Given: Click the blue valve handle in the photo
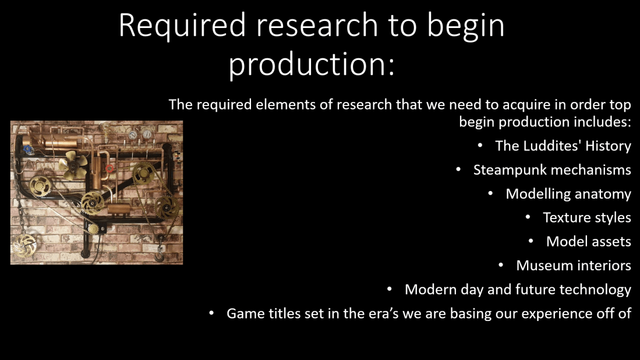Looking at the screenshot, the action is [28, 149].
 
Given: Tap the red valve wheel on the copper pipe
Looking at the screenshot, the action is [109, 168].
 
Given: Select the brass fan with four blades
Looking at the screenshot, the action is [73, 165].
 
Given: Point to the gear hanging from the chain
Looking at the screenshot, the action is [24, 245].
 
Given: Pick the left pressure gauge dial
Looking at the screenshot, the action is [133, 135].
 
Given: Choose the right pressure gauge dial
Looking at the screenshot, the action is [147, 133].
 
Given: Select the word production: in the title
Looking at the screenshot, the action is [312, 65].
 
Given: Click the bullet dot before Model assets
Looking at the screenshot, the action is [531, 241].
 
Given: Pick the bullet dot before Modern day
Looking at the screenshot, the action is [390, 289].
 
